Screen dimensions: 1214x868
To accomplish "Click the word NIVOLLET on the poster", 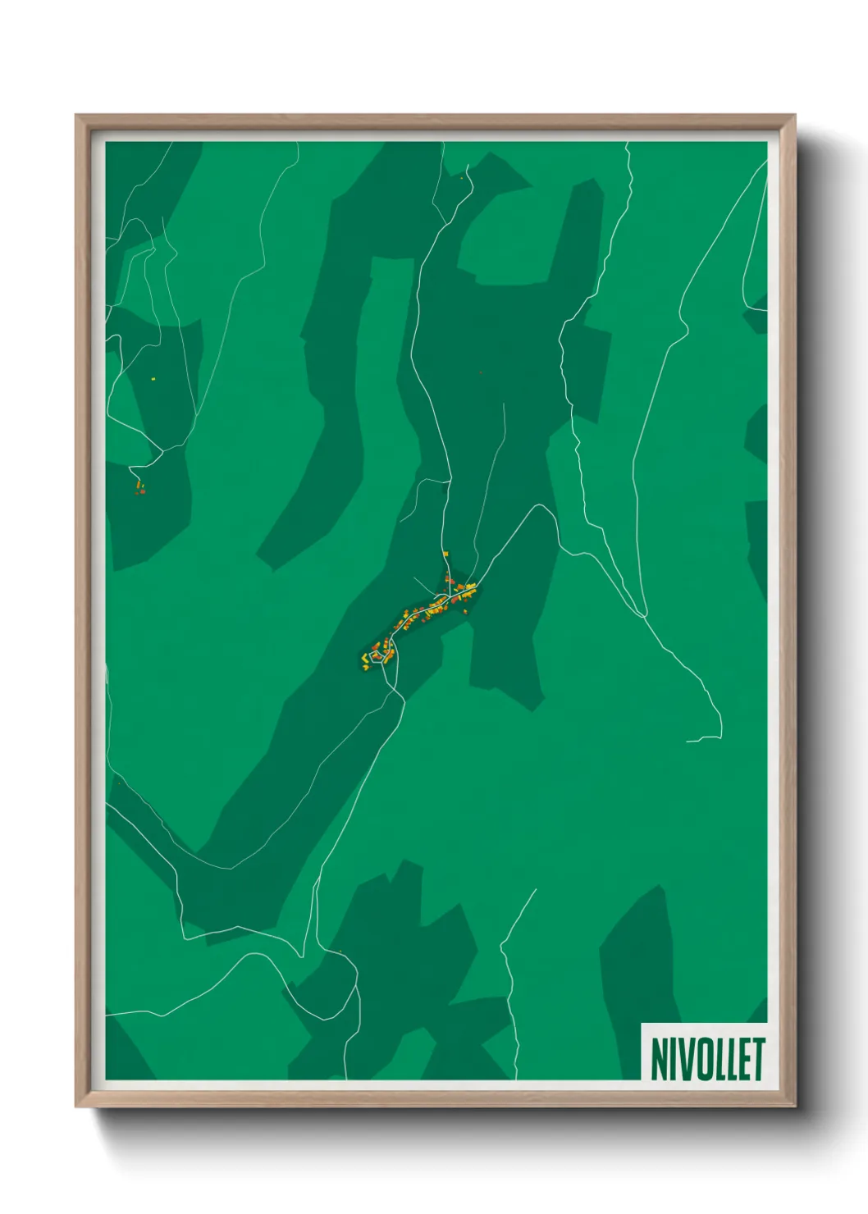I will [707, 1059].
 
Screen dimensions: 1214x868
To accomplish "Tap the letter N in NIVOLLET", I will [659, 1060].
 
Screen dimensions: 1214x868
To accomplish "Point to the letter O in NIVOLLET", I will [702, 1060].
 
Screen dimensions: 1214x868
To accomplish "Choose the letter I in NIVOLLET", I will [673, 1060].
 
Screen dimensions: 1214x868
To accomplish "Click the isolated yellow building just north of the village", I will [445, 555].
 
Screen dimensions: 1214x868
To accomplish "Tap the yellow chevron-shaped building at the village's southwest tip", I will [365, 658].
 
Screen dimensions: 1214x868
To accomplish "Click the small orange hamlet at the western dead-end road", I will [140, 488].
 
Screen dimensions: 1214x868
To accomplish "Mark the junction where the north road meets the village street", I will [446, 591].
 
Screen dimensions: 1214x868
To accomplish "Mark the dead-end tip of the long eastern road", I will [688, 741].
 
